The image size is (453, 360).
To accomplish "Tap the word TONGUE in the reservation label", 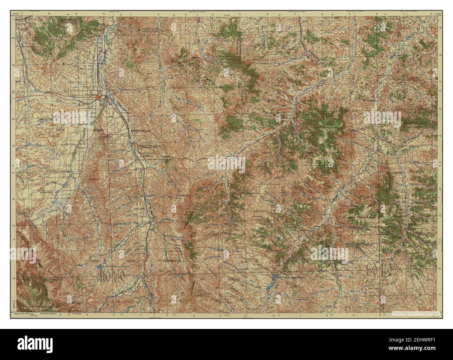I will [267, 153].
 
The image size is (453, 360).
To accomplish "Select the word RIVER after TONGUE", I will [287, 153].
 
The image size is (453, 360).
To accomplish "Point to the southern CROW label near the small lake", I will [95, 261].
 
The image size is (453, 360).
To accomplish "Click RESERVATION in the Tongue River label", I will [336, 153].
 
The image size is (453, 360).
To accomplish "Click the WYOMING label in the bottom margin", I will [77, 314].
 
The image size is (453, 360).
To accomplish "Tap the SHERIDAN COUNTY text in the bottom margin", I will [47, 314].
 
